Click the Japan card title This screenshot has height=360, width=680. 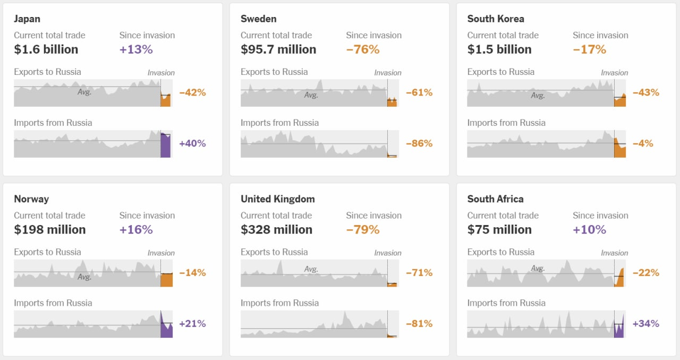tap(27, 19)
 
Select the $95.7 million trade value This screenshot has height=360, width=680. tap(278, 49)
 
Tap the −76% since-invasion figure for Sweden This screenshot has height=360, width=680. tap(363, 49)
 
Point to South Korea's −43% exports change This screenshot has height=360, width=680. tap(646, 92)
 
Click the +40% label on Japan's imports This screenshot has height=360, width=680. tap(192, 143)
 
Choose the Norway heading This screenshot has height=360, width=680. tap(31, 199)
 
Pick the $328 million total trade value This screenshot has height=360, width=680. tap(276, 230)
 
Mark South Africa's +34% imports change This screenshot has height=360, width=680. tap(646, 324)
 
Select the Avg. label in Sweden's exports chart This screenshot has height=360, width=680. tap(311, 95)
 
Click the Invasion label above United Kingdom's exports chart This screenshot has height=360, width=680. tap(388, 253)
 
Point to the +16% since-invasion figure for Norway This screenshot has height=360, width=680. tap(136, 230)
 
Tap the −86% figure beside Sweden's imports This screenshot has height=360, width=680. tap(419, 143)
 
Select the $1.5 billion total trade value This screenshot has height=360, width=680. tap(499, 49)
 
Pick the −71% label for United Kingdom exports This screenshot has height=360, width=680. tap(419, 273)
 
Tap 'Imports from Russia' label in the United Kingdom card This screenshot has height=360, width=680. tap(279, 303)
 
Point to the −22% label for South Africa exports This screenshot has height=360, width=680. tap(646, 273)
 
